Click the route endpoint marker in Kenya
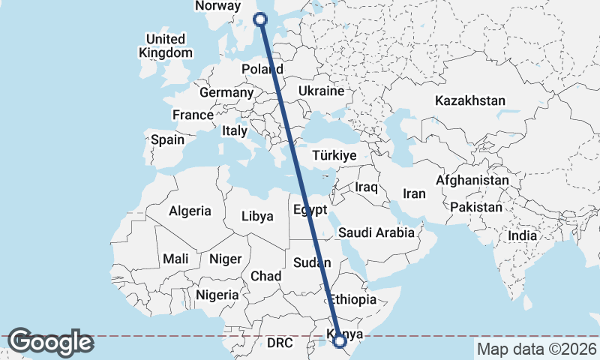340,341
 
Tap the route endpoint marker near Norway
261,20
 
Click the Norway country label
217,6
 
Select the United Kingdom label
166,46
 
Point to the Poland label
262,69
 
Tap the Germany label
226,92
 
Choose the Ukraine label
320,91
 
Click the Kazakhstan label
470,100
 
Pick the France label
193,115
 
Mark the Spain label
167,139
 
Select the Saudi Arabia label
376,233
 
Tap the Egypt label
310,209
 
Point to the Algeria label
190,211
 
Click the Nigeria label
217,295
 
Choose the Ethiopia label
352,298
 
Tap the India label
522,235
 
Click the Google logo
50,342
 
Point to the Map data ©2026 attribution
536,349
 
